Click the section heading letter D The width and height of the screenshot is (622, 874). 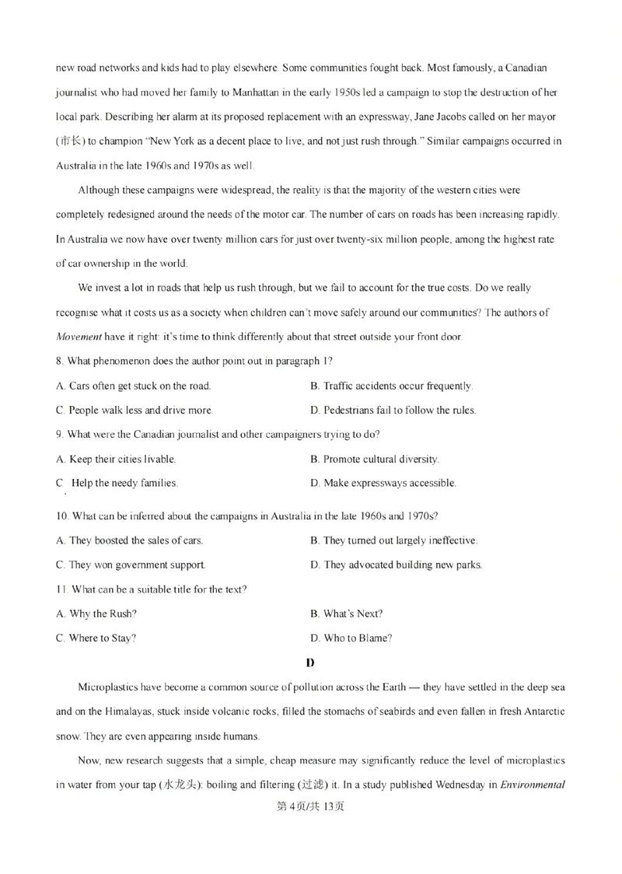(310, 663)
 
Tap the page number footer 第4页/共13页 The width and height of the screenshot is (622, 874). (310, 806)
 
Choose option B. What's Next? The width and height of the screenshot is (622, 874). (346, 614)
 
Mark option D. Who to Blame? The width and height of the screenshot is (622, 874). (351, 638)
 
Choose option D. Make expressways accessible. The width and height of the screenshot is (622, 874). (383, 483)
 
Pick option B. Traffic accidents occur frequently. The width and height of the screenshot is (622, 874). (391, 386)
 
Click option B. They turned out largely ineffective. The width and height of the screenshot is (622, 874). (393, 540)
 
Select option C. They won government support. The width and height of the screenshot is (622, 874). (131, 565)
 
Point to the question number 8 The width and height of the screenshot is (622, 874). (60, 361)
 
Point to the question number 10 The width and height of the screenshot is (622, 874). (62, 516)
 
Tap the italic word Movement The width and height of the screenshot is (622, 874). (79, 337)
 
